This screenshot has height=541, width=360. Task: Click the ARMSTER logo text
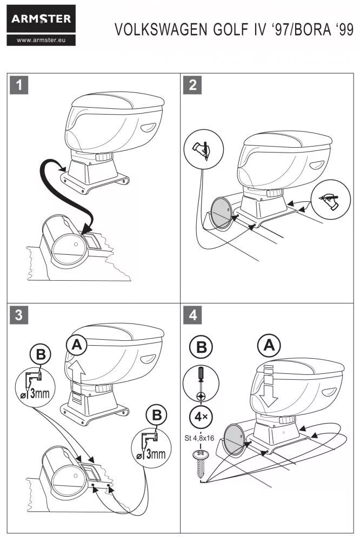coord(41,19)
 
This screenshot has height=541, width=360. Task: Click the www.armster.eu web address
coord(41,39)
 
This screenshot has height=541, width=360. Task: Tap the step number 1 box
coord(19,85)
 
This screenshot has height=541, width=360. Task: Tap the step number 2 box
coord(193,85)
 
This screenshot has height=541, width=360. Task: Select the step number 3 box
coord(19,315)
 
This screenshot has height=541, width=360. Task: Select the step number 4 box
coord(193,315)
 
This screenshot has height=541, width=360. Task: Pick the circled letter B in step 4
coord(201,347)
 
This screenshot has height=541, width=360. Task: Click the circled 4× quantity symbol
coord(201,417)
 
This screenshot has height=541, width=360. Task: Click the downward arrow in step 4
coord(269,393)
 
